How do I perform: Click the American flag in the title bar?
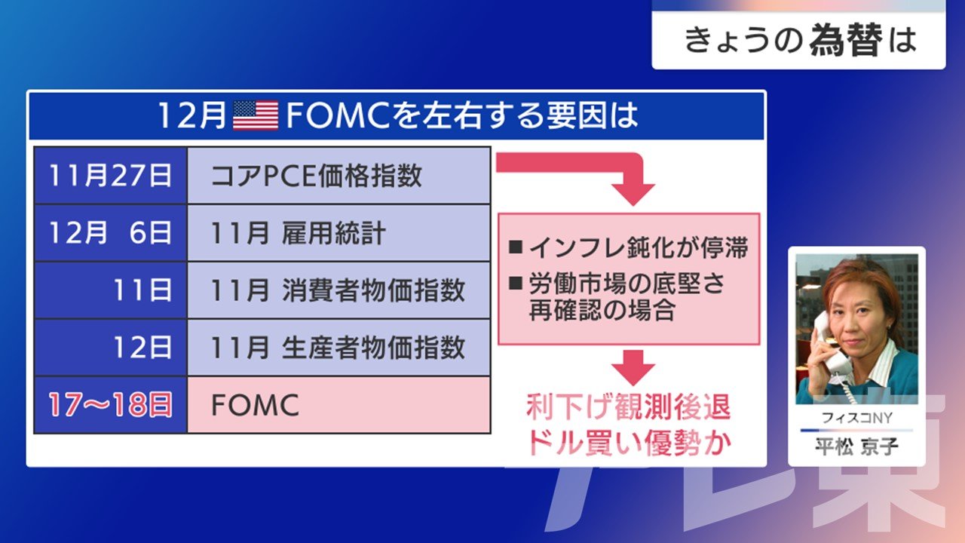[256, 115]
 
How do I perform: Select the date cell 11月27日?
[110, 176]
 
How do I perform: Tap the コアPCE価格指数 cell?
[339, 176]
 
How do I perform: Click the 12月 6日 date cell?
[110, 233]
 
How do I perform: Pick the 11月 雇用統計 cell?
[339, 233]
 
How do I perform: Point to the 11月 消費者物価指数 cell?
[339, 290]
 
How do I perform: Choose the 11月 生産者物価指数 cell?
[339, 348]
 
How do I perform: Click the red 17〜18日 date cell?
[110, 405]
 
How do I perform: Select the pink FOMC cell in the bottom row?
[339, 405]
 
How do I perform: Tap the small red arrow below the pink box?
[633, 367]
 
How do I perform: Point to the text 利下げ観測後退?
[629, 406]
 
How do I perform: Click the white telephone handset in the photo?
[830, 345]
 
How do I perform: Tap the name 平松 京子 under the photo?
[856, 446]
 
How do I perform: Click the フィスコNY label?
[856, 418]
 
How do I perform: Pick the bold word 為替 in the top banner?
[846, 41]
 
